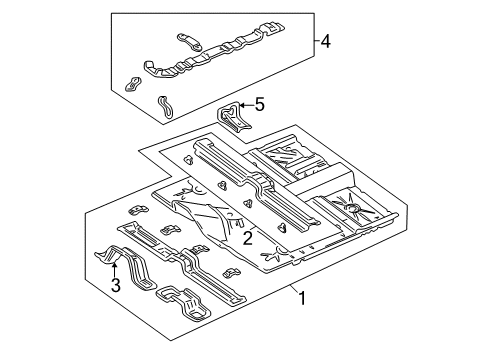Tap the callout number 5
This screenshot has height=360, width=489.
point(259,103)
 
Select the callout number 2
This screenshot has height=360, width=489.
point(246,237)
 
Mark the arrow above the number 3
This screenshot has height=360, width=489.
point(115,265)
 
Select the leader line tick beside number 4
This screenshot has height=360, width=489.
point(312,41)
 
